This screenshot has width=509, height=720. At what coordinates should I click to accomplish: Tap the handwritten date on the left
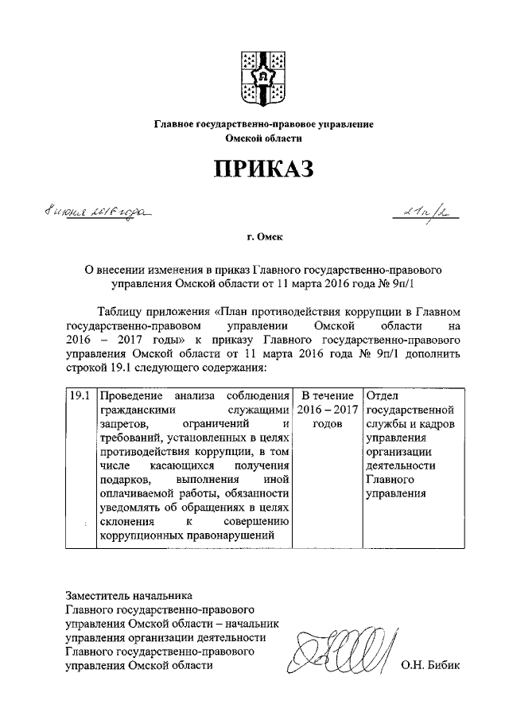point(98,213)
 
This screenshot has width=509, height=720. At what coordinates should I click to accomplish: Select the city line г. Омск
point(263,236)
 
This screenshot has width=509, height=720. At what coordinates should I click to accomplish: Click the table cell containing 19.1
point(78,395)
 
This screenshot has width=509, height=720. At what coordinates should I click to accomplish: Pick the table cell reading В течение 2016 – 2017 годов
point(328,410)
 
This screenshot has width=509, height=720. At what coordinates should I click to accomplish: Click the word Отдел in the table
point(383,395)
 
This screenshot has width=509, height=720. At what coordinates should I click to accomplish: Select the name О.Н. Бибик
point(431,666)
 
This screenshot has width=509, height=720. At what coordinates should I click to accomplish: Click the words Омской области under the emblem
point(263,138)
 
